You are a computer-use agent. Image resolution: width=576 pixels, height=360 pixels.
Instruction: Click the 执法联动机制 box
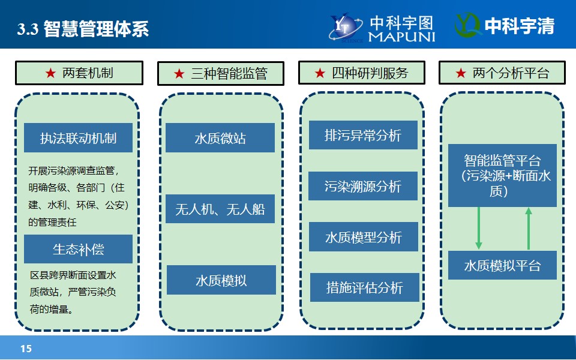78,138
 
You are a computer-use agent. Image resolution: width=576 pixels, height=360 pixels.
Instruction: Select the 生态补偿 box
78,249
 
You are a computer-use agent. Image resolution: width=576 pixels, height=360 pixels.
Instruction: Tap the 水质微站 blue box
220,138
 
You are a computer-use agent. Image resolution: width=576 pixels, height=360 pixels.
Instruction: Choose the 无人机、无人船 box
220,209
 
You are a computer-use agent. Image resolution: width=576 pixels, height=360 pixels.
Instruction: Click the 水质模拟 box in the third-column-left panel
221,280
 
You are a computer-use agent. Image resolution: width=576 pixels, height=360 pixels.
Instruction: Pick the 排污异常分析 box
363,135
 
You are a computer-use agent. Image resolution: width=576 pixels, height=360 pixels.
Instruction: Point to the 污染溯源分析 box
363,186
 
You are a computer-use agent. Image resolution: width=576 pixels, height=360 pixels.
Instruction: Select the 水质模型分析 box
364,236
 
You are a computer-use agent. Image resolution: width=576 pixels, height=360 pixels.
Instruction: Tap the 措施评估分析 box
364,287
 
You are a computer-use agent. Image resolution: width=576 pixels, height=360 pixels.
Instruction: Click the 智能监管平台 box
502,175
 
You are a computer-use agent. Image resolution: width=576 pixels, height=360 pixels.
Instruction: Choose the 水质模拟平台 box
502,265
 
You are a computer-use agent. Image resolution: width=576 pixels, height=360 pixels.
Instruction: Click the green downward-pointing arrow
479,229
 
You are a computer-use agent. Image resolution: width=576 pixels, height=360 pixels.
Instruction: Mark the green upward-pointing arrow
529,229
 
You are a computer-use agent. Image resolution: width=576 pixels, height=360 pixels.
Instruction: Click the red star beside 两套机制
50,73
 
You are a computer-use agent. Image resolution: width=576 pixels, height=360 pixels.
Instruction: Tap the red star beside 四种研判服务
320,73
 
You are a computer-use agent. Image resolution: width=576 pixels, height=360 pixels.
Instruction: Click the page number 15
26,349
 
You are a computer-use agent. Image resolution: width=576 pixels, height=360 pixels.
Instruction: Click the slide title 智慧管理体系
96,29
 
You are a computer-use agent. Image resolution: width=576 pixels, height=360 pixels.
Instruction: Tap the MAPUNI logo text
401,37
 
